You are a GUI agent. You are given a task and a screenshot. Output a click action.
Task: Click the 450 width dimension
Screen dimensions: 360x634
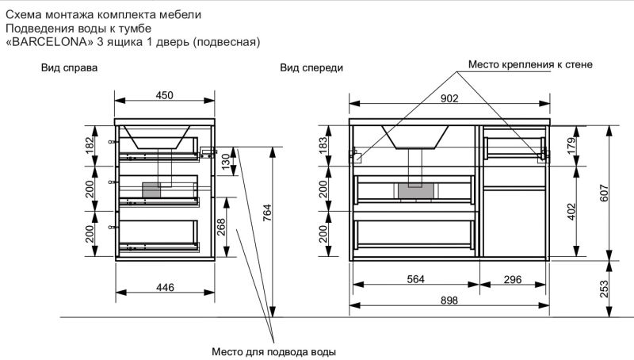pos(164,95)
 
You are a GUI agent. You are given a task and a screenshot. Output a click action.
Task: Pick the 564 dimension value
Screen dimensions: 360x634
pos(416,278)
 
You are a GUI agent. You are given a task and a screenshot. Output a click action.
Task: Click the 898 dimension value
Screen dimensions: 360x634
pos(449,301)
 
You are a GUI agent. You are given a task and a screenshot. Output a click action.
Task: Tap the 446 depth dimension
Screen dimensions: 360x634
pos(164,287)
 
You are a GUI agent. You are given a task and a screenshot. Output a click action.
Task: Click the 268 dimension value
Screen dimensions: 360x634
pos(222,226)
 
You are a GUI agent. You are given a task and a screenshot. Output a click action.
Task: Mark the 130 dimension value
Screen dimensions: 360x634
pos(225,163)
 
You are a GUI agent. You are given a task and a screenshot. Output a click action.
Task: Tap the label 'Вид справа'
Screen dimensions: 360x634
pos(69,68)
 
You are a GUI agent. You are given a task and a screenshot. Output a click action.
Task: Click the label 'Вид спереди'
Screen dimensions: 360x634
pos(311,68)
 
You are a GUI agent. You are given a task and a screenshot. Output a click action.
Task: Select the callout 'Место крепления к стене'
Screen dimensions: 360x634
pos(530,64)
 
